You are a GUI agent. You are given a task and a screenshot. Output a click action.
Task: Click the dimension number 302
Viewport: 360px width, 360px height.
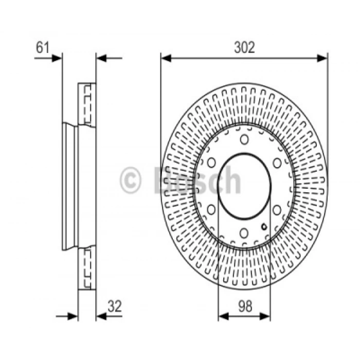[244, 47]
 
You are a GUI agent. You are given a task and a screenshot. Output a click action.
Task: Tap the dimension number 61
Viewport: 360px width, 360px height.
[43, 47]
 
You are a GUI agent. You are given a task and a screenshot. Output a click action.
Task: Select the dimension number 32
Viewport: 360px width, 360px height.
[115, 306]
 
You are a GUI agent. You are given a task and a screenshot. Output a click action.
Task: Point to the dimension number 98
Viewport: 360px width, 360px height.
[245, 306]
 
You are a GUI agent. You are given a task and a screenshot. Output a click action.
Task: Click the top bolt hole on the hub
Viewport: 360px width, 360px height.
[244, 139]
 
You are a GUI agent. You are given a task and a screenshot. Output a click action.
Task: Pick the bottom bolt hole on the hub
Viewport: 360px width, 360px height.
[244, 233]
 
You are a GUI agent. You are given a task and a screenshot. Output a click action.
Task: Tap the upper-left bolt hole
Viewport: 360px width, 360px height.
[211, 163]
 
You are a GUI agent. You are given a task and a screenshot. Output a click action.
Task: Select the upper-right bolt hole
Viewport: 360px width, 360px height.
[277, 163]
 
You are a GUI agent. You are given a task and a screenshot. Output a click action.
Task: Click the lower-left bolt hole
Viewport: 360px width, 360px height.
[211, 210]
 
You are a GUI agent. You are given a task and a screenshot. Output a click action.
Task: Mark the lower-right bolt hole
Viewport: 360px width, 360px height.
[277, 210]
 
